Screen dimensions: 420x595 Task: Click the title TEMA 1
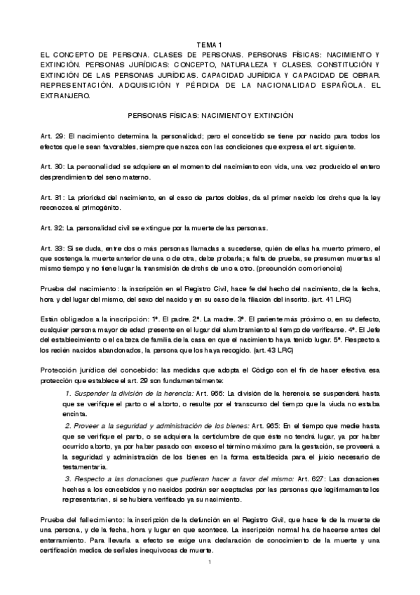click(210, 44)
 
